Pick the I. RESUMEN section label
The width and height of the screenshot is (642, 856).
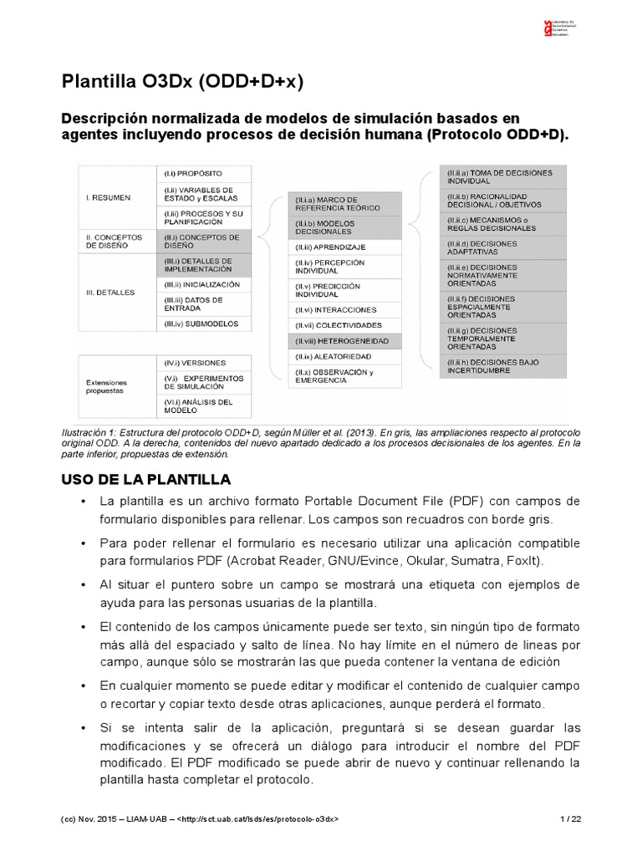108,197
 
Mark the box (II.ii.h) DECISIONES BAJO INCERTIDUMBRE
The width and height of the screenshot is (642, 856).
505,364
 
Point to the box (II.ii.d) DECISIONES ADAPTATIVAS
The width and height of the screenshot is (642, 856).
505,247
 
